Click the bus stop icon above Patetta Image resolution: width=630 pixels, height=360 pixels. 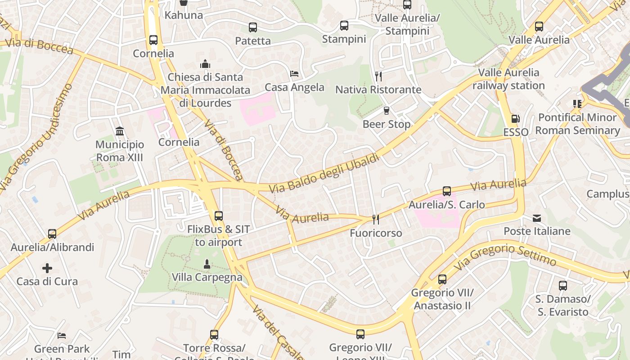coord(253,27)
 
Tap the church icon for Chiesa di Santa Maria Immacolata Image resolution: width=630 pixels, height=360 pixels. coord(205,64)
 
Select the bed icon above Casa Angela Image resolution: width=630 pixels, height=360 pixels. coord(294,74)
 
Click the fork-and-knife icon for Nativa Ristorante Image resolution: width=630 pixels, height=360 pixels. coord(378,76)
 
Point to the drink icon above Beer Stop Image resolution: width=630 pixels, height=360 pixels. coord(386,111)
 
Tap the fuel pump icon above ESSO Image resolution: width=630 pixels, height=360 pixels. coord(516,119)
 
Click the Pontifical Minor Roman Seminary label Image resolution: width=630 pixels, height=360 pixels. coord(577,124)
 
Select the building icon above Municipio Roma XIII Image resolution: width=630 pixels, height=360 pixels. coord(120,131)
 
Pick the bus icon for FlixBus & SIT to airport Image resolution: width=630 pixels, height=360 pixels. coord(219,216)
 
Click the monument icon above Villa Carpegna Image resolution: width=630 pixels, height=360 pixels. coord(207,264)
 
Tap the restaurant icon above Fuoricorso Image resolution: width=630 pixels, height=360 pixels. coord(376,220)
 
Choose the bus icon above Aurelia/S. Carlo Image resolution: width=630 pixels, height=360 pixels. coord(447,191)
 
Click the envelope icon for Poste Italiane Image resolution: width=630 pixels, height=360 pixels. coord(537,218)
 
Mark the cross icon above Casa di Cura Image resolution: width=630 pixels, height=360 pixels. coord(47,269)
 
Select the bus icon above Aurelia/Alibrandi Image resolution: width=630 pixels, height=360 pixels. coord(52,234)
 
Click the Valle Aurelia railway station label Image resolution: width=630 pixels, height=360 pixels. coord(508,79)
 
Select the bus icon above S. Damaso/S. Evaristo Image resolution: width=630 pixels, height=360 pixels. coord(563,286)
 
